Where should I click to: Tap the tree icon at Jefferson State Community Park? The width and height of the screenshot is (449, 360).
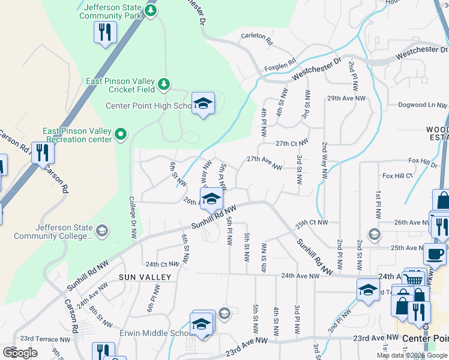coord(151,10)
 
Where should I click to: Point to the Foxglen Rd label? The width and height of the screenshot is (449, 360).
coord(281,62)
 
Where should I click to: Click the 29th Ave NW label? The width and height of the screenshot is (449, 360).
coord(346,98)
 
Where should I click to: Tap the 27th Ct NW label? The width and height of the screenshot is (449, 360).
coord(292,143)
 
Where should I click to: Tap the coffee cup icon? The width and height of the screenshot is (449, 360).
coord(434,253)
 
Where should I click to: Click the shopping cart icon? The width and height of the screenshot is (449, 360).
coord(414,278)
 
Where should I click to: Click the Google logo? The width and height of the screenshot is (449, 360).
coord(20,353)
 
